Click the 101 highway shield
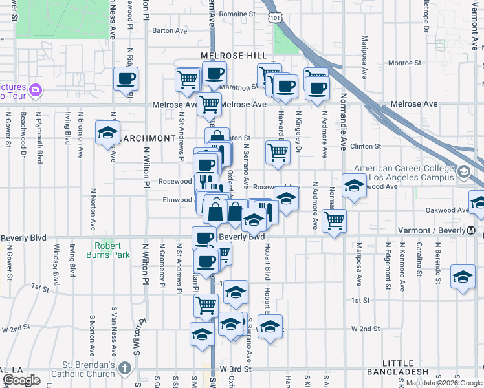[x=276, y=19]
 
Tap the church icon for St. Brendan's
[x=126, y=368]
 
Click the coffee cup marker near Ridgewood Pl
[x=126, y=79]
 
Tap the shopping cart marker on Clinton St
[x=278, y=153]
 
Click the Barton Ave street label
[x=169, y=30]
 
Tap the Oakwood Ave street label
[x=446, y=210]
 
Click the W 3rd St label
[x=234, y=368]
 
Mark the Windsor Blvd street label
[x=56, y=265]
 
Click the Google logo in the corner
[x=21, y=380]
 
